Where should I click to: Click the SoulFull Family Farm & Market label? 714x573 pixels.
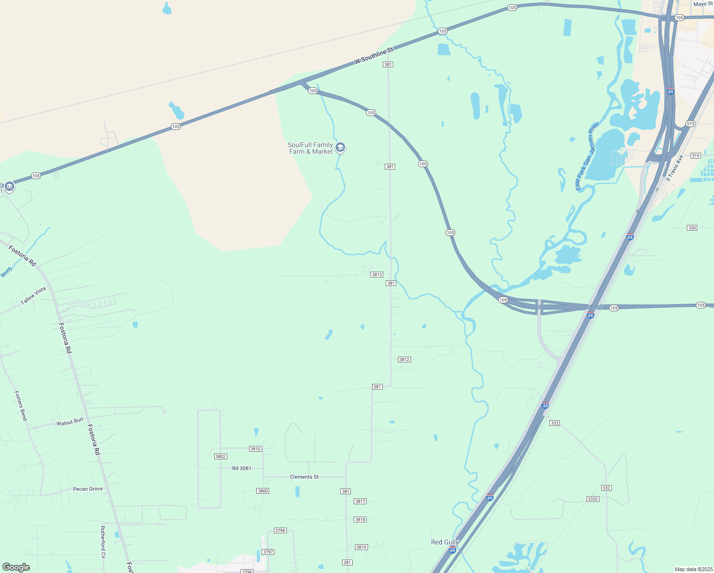click(311, 148)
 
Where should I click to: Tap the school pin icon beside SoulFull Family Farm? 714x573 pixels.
click(340, 148)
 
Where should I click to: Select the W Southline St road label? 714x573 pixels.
click(374, 56)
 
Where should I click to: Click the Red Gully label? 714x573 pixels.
click(445, 542)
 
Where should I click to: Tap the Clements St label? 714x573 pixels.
click(304, 477)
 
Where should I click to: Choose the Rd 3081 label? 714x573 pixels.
click(241, 468)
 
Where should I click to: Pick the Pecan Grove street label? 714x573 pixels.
click(88, 489)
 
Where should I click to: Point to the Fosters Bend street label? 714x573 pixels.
click(21, 406)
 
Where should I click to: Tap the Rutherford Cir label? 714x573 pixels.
click(103, 542)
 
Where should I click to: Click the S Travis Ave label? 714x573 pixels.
click(674, 169)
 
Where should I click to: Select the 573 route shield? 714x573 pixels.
click(690, 124)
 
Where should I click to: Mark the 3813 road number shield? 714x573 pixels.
click(377, 275)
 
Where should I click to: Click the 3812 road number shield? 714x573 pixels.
click(404, 360)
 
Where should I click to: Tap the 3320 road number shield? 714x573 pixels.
click(592, 499)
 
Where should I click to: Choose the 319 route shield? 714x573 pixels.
click(695, 156)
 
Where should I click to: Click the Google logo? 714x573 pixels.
click(16, 567)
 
